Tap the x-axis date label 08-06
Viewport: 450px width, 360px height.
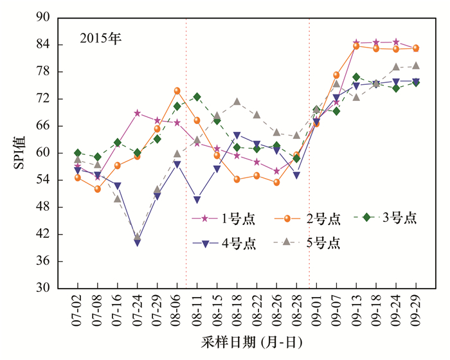click(177, 312)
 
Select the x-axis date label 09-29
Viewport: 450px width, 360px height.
click(415, 312)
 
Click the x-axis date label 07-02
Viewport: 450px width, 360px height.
click(78, 312)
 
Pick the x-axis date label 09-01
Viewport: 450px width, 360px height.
click(316, 312)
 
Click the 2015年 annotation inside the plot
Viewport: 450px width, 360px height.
click(100, 38)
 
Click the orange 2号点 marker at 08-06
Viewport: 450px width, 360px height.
click(177, 91)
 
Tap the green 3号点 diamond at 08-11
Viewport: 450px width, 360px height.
click(197, 97)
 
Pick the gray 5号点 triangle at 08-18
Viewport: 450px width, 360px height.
click(237, 102)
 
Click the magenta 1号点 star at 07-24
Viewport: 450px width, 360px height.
click(137, 113)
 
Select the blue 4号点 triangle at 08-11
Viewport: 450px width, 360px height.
click(197, 200)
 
